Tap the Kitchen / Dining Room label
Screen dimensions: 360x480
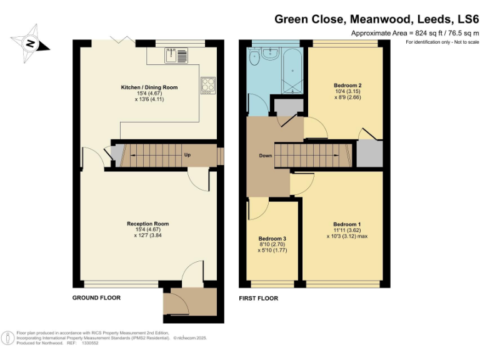click(149, 88)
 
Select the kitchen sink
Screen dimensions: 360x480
click(172, 56)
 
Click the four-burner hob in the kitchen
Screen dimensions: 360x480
click(207, 84)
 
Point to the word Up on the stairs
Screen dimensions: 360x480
click(187, 155)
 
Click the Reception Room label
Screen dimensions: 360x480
click(147, 224)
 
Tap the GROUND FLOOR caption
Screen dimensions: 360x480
click(96, 298)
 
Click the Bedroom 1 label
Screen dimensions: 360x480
click(346, 224)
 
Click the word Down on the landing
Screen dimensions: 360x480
click(266, 156)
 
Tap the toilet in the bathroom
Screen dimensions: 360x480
click(254, 58)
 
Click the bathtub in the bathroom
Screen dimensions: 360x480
click(292, 70)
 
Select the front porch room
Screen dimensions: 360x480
click(189, 304)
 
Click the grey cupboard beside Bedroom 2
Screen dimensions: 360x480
click(369, 153)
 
